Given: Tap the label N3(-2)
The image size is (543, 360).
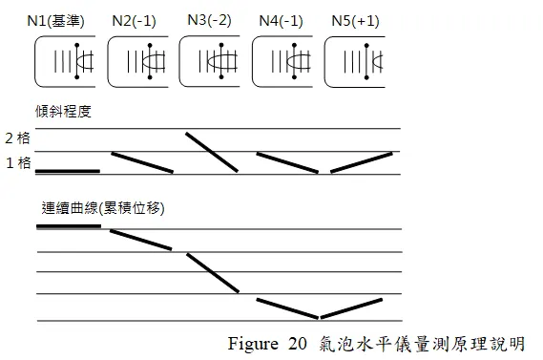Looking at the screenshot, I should (x=209, y=19).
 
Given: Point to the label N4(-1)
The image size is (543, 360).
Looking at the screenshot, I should (x=282, y=20).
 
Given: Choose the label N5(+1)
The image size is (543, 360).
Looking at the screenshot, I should (x=355, y=20).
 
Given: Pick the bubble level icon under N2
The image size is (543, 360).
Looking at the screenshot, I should (x=140, y=62).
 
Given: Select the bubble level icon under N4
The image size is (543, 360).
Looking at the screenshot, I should (x=284, y=62).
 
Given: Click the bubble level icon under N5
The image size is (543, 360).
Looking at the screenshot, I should (x=358, y=62).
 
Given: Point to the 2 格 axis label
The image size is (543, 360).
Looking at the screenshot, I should (x=17, y=138).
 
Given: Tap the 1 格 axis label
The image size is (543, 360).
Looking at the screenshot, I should (x=17, y=163).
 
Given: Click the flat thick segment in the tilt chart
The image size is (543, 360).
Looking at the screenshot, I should (x=68, y=171).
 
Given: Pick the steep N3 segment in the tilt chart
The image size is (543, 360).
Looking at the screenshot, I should (x=211, y=152).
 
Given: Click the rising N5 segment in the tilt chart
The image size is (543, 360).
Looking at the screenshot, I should (x=361, y=162).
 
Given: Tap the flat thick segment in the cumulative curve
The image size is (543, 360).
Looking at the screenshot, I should (x=68, y=226).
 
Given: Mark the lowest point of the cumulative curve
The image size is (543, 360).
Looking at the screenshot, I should (x=320, y=317).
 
